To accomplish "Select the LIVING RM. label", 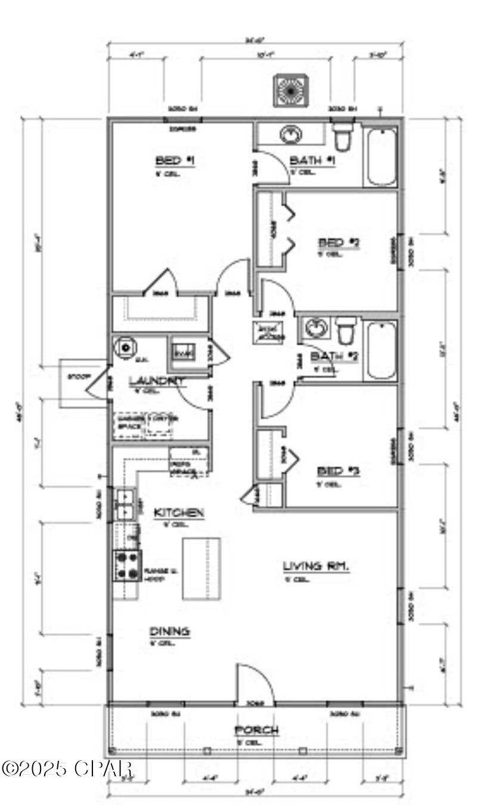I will (x=315, y=566).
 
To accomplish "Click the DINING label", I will (x=169, y=631).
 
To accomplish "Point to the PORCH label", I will (x=256, y=730).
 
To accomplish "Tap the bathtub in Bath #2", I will (x=380, y=350).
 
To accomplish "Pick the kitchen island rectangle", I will (x=201, y=568).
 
